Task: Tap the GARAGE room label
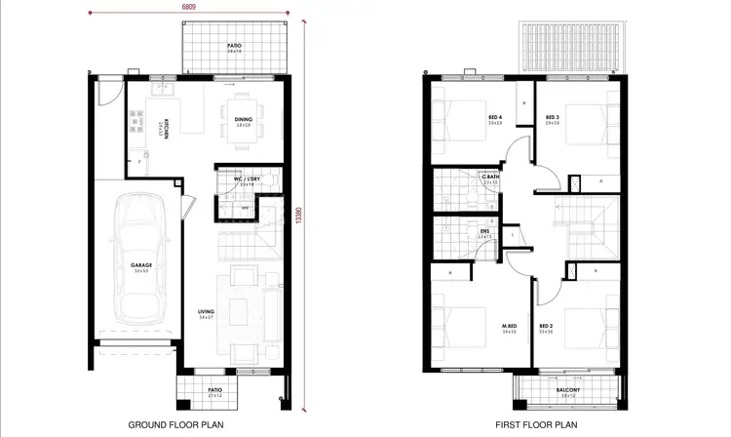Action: tap(140, 265)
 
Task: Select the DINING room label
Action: tap(243, 120)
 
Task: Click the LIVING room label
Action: tap(204, 312)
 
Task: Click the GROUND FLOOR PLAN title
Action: tap(173, 425)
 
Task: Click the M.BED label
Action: tap(508, 326)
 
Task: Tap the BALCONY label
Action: tap(568, 390)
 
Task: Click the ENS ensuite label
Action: tap(484, 231)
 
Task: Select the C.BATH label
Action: tap(490, 178)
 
